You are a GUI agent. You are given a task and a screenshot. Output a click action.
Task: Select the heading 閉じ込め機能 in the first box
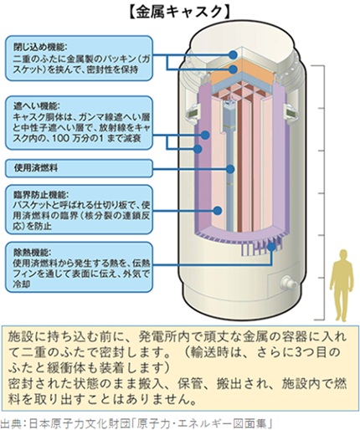click(39, 47)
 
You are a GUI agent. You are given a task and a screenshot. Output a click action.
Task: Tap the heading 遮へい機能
click(36, 106)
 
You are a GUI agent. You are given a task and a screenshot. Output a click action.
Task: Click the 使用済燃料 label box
click(79, 168)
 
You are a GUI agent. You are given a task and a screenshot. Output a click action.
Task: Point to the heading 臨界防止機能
click(39, 194)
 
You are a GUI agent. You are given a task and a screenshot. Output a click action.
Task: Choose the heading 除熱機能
click(32, 253)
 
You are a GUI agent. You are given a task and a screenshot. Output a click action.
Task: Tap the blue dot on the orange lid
click(233, 69)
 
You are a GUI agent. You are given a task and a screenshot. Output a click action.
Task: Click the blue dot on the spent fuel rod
click(230, 169)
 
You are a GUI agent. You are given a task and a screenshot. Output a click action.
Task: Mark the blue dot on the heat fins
click(271, 246)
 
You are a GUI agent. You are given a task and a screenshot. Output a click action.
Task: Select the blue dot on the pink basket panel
click(218, 210)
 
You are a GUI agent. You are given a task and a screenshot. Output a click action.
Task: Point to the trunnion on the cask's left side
click(193, 113)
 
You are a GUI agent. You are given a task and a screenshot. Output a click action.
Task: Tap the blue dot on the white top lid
click(233, 54)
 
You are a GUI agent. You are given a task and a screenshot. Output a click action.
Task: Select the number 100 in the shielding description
click(68, 138)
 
